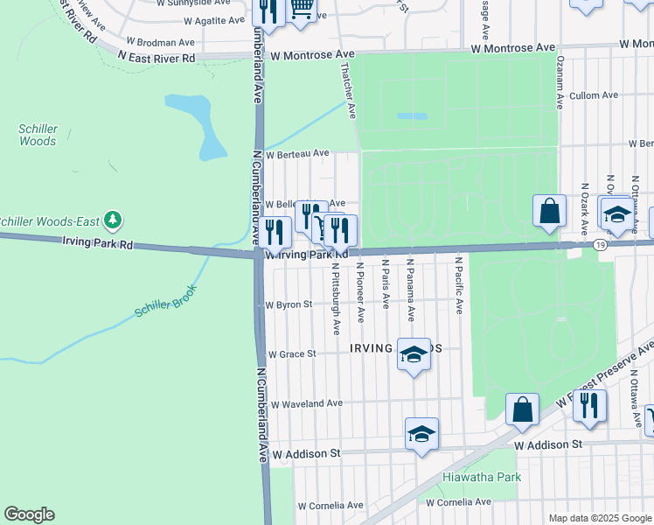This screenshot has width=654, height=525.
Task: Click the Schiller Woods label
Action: pyautogui.click(x=38, y=135)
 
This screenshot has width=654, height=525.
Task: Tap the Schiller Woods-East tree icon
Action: pyautogui.click(x=112, y=218)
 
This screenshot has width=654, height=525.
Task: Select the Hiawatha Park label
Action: pyautogui.click(x=470, y=477)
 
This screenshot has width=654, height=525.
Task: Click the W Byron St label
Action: pyautogui.click(x=289, y=305)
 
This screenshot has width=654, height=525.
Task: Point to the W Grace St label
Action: pyautogui.click(x=290, y=354)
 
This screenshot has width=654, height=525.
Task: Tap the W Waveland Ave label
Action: pyautogui.click(x=306, y=404)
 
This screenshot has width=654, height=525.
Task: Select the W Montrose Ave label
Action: pyautogui.click(x=313, y=55)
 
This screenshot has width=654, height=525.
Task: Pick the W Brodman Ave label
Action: pyautogui.click(x=160, y=41)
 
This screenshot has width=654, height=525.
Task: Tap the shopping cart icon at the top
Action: pyautogui.click(x=302, y=9)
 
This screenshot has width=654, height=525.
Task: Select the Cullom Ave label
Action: pyautogui.click(x=594, y=95)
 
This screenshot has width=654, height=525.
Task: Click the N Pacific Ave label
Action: pyautogui.click(x=458, y=286)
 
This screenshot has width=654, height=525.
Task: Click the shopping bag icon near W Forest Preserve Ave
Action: pyautogui.click(x=522, y=408)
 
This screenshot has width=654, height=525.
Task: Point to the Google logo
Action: pyautogui.click(x=29, y=514)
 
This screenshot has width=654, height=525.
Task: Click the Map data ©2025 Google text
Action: pyautogui.click(x=599, y=518)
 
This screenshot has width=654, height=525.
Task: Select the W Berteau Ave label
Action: pyautogui.click(x=297, y=153)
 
